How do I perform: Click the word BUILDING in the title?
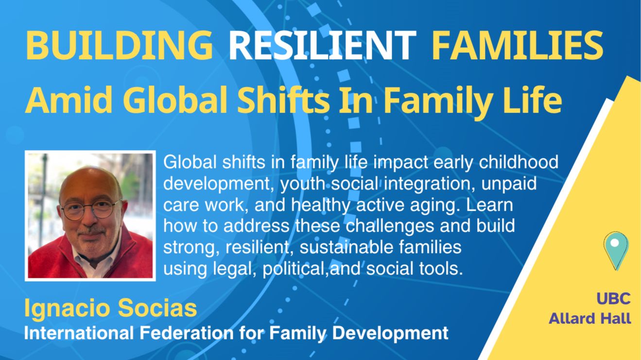point(119,45)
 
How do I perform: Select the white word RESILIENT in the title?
point(322,45)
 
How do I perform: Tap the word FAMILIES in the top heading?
point(517,45)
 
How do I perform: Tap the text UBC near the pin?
point(614,298)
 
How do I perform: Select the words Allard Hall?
point(590,319)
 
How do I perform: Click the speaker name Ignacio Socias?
point(111,309)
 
